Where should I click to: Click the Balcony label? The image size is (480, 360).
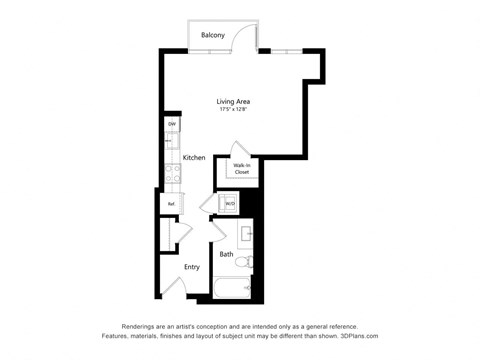coord(212,36)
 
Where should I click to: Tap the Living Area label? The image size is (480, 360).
coord(233,101)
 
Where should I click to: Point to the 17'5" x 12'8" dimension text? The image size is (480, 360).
coord(233,109)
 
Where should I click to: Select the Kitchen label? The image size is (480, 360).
coord(194,158)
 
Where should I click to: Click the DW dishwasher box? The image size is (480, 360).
coord(172,125)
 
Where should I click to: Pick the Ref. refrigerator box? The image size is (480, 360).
coord(171,204)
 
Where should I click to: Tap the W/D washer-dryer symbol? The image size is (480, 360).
coord(230,204)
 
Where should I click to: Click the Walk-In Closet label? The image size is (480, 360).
coord(242,169)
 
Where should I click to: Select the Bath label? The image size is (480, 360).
coord(226,254)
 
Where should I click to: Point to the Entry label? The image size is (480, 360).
coord(192,267)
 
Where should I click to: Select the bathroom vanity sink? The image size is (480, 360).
coord(246,236)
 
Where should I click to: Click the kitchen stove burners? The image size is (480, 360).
coord(172,172)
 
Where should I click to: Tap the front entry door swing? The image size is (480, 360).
coord(172,286)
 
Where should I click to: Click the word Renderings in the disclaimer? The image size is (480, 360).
coord(142,326)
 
